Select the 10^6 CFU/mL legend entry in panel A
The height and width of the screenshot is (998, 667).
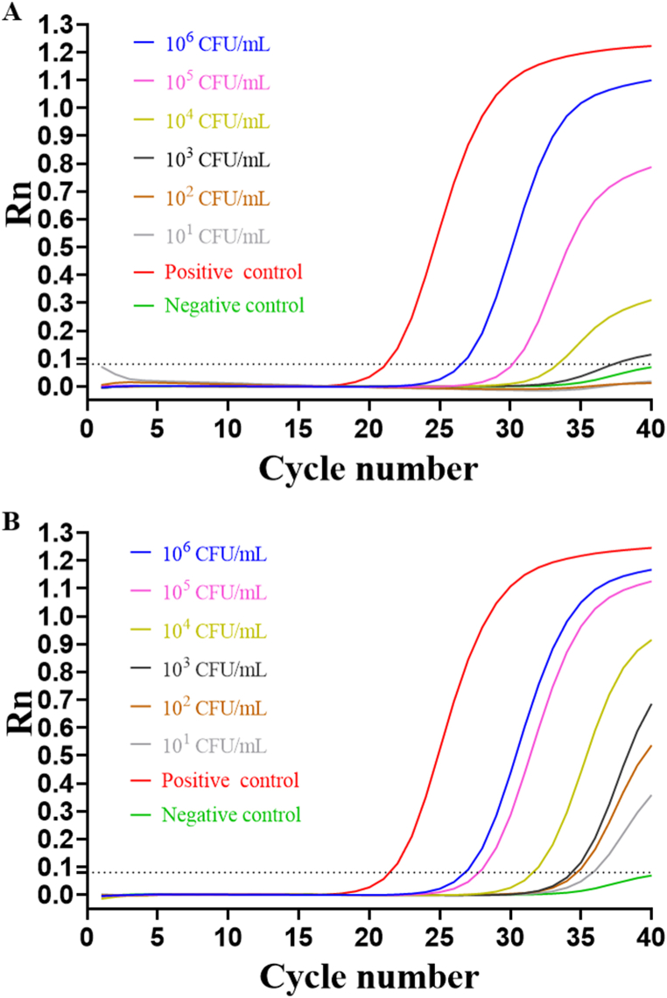(217, 41)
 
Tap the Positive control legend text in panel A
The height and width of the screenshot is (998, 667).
(234, 271)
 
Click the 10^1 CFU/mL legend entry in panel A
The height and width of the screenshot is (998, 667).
(217, 236)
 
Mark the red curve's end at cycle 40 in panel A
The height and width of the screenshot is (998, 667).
(650, 45)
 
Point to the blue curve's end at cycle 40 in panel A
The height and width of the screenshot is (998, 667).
(650, 80)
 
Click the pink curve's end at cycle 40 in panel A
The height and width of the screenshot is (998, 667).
(650, 167)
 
